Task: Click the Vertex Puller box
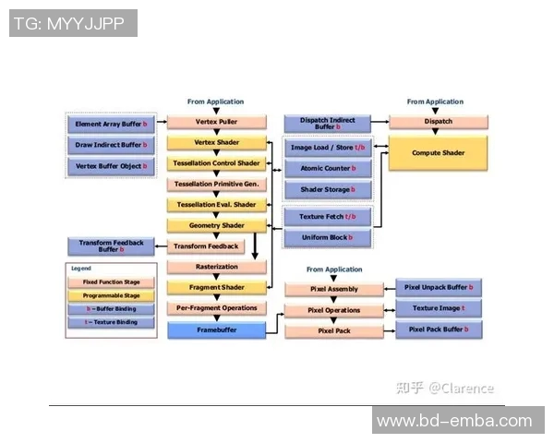(x=216, y=122)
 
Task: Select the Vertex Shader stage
(x=216, y=143)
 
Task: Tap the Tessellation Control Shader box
(x=216, y=163)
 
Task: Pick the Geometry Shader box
(x=216, y=225)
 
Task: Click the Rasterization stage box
(x=216, y=267)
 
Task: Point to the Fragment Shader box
(x=216, y=287)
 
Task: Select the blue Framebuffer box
(x=216, y=329)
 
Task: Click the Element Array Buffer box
(x=112, y=123)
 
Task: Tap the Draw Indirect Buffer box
(x=112, y=145)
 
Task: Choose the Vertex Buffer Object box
(x=112, y=167)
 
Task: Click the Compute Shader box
(x=438, y=152)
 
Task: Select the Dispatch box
(x=438, y=122)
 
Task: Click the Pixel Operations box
(x=333, y=310)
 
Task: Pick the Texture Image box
(x=439, y=308)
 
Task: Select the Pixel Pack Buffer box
(x=439, y=329)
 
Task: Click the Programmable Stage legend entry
(x=112, y=295)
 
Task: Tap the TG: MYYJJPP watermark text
(x=73, y=23)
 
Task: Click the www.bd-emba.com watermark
(x=454, y=421)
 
